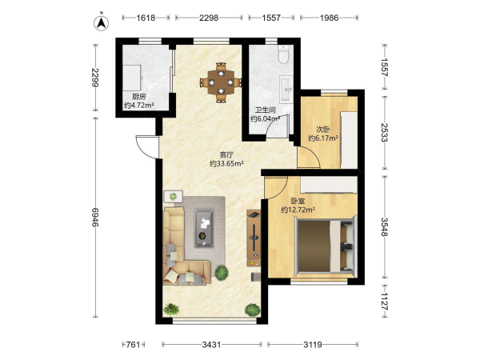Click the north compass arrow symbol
point(101,22)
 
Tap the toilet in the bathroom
point(284,54)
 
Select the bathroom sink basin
point(286,89)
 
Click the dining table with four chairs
point(221,82)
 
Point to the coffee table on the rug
point(204,227)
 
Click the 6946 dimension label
point(95,218)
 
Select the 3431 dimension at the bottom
point(211,345)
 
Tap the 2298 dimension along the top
point(209,18)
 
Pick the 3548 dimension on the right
point(385,227)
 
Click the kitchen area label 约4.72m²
point(139,106)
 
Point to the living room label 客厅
point(226,155)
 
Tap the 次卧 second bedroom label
point(323,129)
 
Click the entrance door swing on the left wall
point(147,147)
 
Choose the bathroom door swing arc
point(277,125)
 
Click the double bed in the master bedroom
point(326,246)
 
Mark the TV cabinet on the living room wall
point(254,238)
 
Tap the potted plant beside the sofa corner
point(221,273)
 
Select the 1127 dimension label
point(385,302)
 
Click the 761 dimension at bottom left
point(133,345)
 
